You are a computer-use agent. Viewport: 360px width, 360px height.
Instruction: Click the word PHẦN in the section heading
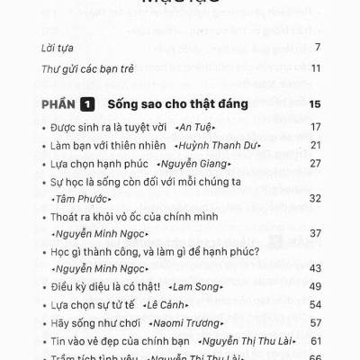tap(58, 105)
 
